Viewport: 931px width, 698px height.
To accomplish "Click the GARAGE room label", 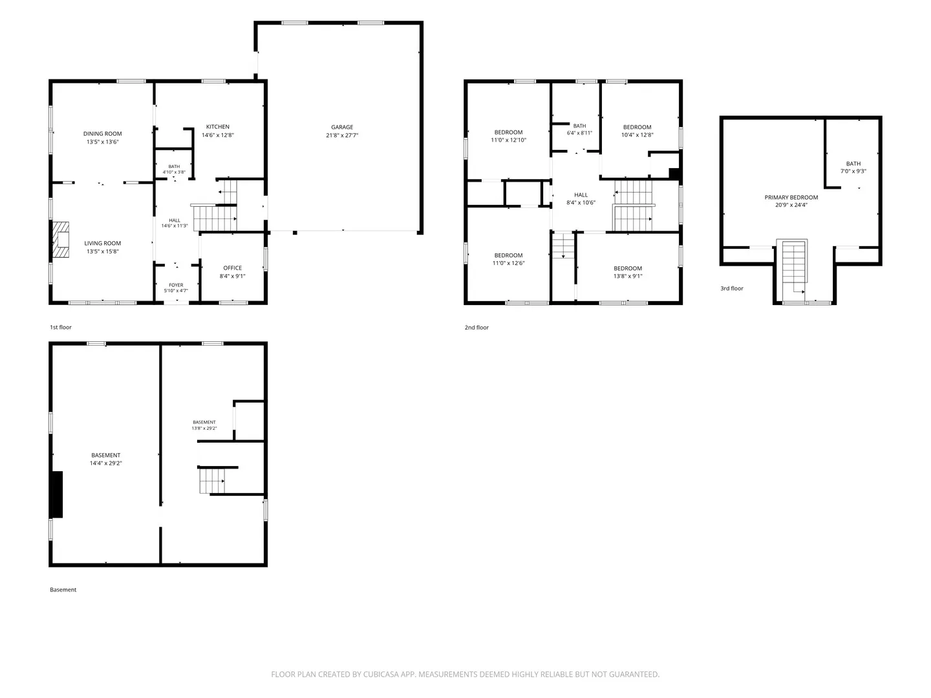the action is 342,127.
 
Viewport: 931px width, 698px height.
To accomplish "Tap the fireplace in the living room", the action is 61,240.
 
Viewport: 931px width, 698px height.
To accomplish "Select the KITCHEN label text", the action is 218,127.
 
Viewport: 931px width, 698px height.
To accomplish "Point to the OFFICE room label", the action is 233,268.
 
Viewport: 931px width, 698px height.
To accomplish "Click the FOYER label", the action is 176,285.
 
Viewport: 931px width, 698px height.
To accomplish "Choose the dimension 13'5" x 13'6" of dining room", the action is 103,142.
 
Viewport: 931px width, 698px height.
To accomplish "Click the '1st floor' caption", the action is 61,327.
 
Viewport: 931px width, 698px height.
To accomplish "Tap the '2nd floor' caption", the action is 476,327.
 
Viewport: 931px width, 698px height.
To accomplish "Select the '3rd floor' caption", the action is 732,288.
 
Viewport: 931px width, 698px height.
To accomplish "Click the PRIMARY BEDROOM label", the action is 791,197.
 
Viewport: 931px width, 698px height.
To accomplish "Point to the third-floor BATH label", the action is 853,164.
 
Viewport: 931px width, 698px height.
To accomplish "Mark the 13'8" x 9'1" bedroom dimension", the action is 628,277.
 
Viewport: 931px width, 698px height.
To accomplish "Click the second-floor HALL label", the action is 581,195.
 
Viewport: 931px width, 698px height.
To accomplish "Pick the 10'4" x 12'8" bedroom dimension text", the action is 637,135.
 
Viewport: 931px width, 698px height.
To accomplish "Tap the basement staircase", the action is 212,481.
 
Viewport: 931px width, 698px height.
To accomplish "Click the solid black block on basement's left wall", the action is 57,494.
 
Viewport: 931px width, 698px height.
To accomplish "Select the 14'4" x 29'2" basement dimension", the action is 105,463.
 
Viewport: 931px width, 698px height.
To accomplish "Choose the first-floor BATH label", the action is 174,167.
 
